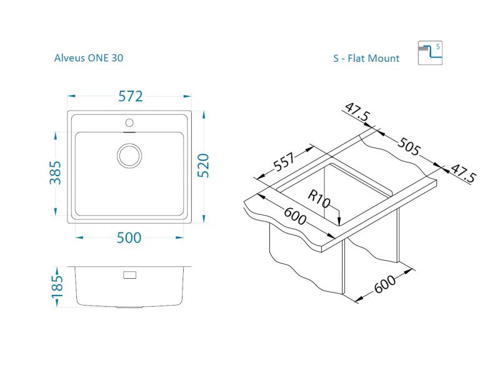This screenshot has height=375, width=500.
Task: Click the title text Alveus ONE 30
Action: pos(89,58)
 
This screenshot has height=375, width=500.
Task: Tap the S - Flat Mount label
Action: pos(366,59)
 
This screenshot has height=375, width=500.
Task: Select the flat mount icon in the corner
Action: pos(430,53)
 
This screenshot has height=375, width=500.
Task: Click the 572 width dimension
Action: pos(131,96)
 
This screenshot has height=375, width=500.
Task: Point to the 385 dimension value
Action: pos(56,172)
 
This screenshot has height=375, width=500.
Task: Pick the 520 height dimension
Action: pos(202,165)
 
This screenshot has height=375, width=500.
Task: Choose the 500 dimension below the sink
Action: pos(129,237)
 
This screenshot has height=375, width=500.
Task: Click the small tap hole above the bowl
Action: pos(130,122)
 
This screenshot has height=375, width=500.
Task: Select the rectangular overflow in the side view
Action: pos(130,275)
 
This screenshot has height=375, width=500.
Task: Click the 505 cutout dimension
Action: pos(407,149)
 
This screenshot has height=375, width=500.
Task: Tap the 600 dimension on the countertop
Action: pos(294,216)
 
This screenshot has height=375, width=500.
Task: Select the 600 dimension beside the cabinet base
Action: pos(386,285)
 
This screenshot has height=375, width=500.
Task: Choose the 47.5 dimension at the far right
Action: pos(463,173)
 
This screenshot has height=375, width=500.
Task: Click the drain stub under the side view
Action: pos(130,308)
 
